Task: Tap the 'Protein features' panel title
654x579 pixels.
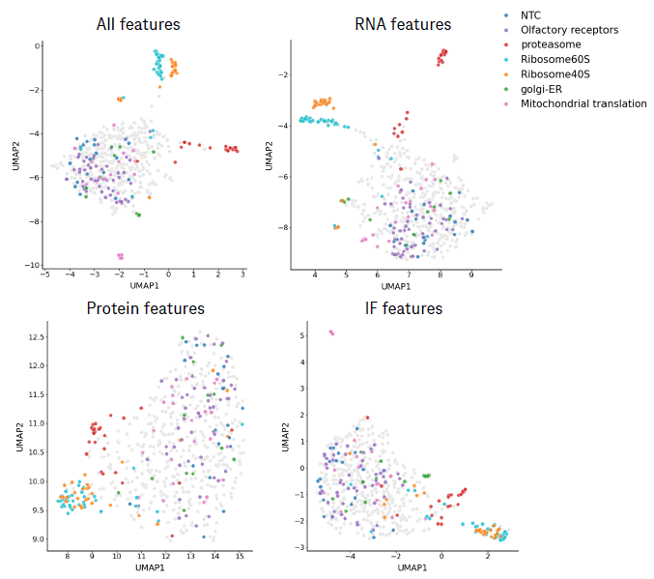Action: click(x=146, y=308)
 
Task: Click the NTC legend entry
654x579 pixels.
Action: click(x=530, y=16)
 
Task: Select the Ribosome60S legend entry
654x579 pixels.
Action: click(x=555, y=60)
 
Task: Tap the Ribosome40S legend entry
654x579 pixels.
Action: click(x=555, y=74)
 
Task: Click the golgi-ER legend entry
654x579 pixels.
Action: click(x=543, y=89)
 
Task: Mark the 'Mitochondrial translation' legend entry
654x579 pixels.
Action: click(x=583, y=103)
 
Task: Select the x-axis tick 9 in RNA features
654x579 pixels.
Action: click(x=471, y=275)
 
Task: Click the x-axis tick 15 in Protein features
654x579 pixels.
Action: click(x=240, y=556)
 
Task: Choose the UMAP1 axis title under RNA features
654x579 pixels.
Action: click(x=396, y=287)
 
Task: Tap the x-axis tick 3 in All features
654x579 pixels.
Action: click(x=243, y=275)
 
